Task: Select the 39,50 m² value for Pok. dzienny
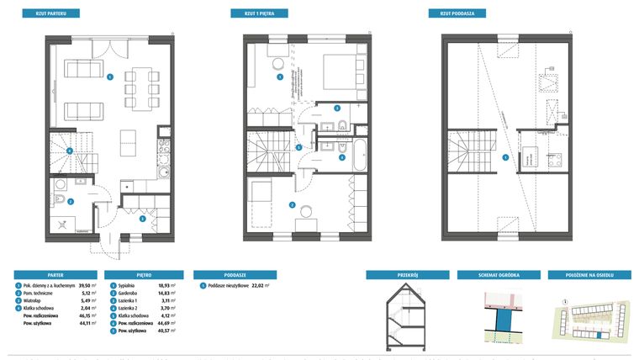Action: tap(77, 287)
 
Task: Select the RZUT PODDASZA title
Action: tap(448, 14)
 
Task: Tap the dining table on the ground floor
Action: tap(139, 82)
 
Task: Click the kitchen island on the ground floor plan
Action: tap(127, 138)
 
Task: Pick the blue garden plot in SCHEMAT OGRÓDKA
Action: tap(501, 320)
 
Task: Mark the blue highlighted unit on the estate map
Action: tap(599, 334)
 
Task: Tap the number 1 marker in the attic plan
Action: tap(504, 158)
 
